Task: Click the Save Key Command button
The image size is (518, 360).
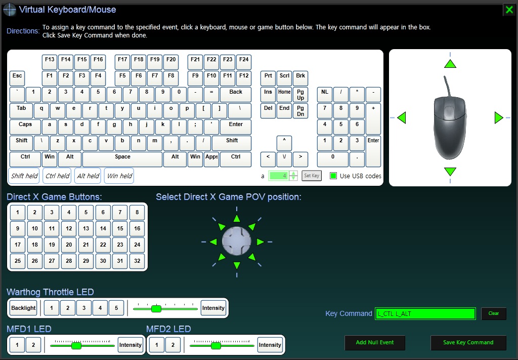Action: (468, 342)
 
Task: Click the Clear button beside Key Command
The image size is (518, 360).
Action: (494, 313)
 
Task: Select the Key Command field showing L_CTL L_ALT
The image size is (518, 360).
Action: (425, 314)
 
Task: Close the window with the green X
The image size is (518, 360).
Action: (509, 10)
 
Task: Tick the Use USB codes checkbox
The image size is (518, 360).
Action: (333, 176)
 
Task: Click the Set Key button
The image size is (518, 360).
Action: (312, 176)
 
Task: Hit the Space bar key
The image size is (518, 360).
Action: (122, 159)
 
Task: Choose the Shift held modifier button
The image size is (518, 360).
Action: (24, 176)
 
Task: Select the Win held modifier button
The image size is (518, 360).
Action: (119, 176)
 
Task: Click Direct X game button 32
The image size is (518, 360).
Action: (137, 261)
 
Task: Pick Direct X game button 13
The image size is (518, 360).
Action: (86, 228)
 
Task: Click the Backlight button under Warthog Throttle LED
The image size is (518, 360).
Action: (23, 308)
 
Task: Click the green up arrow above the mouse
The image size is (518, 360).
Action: (450, 63)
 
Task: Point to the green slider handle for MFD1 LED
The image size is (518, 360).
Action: (76, 346)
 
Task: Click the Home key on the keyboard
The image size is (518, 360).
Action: (284, 95)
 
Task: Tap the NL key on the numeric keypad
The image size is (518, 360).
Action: (325, 95)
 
